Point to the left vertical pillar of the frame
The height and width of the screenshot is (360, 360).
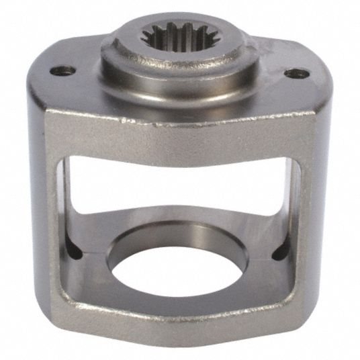pos(56,222)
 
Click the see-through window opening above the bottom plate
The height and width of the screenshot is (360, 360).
pos(181,181)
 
